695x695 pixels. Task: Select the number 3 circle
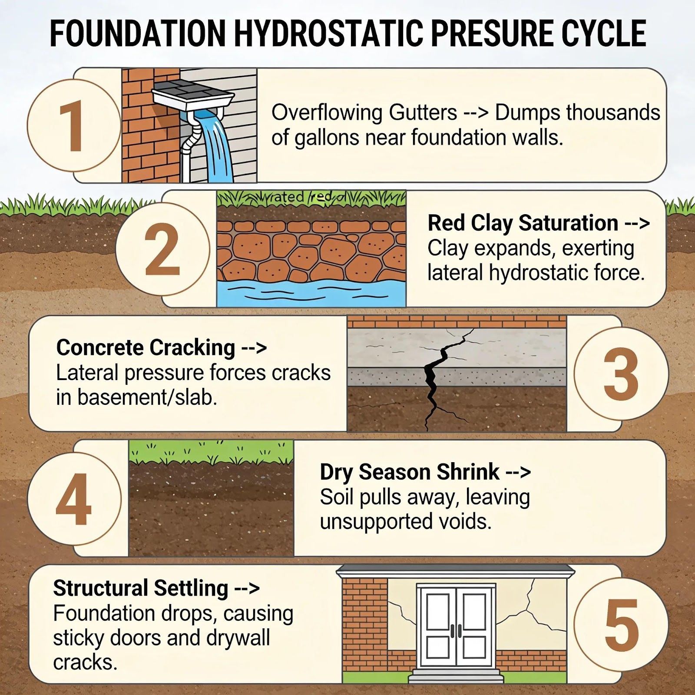point(621,374)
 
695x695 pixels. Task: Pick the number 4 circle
point(74,498)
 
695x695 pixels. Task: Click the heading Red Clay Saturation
point(523,223)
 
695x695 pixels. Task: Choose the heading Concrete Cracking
point(146,347)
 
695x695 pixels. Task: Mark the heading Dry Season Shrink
point(410,472)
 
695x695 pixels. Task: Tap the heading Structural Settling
point(141,588)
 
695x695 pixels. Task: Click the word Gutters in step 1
point(423,113)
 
